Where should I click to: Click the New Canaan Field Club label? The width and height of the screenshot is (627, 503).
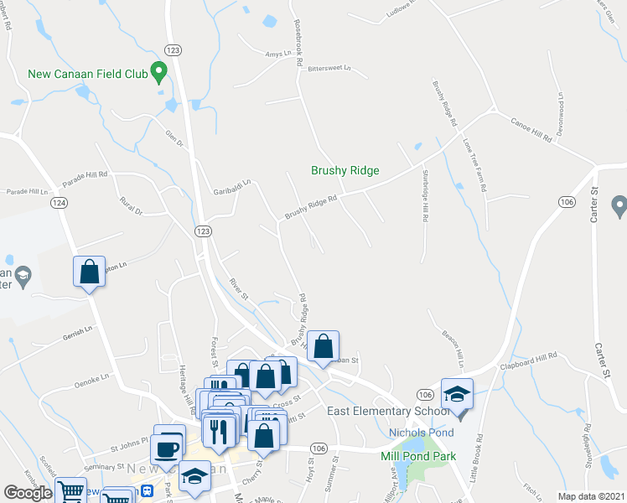(x=87, y=74)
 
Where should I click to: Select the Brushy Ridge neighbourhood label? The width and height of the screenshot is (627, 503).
(x=345, y=170)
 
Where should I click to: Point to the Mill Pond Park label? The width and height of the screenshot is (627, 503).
(x=417, y=456)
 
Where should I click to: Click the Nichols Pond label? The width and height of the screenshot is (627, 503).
(x=422, y=433)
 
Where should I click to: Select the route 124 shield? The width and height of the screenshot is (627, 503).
(x=58, y=203)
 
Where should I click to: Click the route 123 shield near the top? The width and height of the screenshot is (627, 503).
(x=174, y=49)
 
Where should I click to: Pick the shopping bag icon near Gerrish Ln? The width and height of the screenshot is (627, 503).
(x=89, y=272)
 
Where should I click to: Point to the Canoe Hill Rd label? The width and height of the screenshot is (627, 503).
(x=531, y=129)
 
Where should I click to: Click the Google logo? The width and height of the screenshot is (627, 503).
(x=28, y=493)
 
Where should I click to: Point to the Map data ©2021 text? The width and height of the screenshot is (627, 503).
(x=590, y=496)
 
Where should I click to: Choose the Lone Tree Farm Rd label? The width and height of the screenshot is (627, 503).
(x=474, y=164)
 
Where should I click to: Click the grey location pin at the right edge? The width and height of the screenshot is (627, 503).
(x=619, y=205)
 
